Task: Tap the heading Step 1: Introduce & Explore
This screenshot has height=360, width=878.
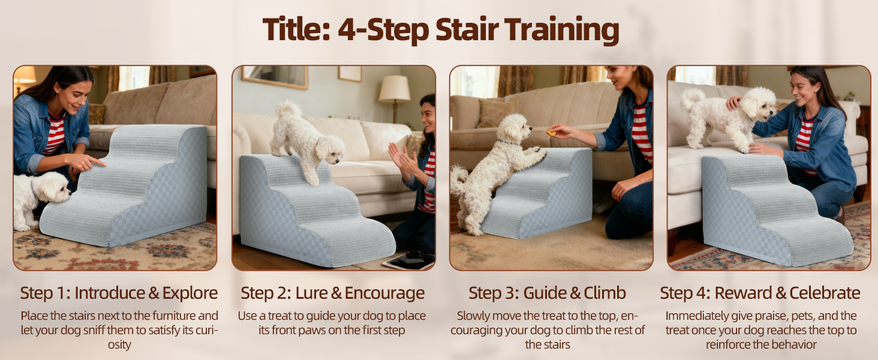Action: pos(119,293)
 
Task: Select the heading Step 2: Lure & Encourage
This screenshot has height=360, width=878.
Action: pos(332,293)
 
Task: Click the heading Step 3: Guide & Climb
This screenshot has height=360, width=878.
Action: pos(547,293)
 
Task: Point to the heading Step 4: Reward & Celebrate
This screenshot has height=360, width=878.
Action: pos(760,293)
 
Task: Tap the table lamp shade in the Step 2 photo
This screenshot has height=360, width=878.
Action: pos(394,88)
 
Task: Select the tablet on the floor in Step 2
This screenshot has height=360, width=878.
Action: pos(409,260)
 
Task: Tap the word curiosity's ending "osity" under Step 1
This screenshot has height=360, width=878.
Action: pos(119,345)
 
